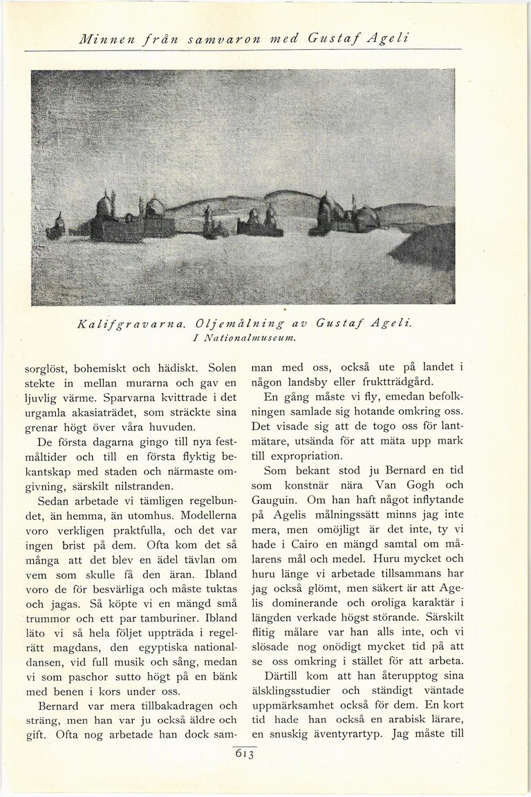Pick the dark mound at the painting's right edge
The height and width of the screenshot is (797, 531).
click(425, 247)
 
